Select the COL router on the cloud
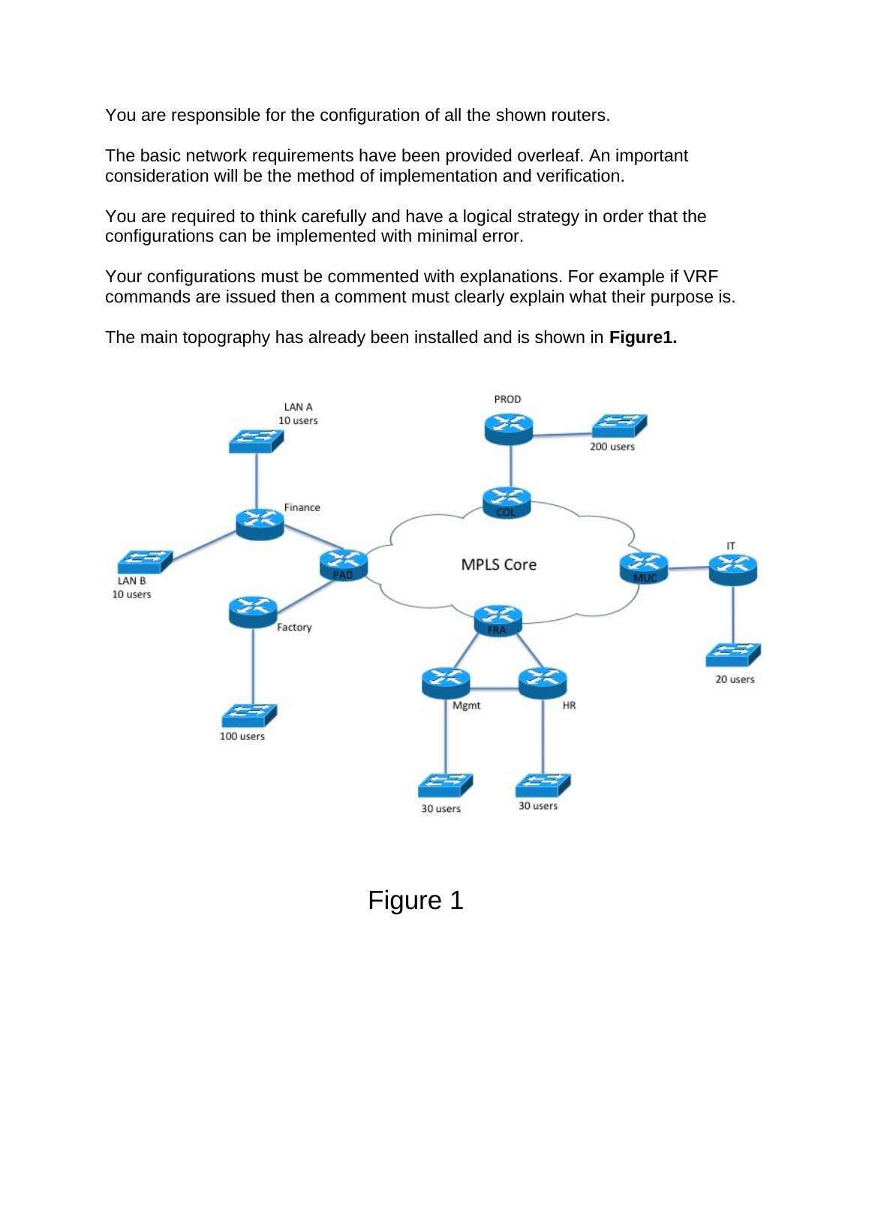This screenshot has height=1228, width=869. [x=507, y=502]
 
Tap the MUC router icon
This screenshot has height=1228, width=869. [x=644, y=567]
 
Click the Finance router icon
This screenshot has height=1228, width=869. [x=260, y=522]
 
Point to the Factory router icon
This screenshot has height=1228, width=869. [x=253, y=612]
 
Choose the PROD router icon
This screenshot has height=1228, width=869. [x=508, y=429]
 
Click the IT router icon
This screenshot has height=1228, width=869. [x=733, y=570]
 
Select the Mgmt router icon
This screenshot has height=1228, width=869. [x=446, y=682]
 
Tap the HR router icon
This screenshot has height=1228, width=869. [x=543, y=682]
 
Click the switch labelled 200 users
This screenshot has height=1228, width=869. [x=619, y=426]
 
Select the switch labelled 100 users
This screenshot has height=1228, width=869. [x=250, y=715]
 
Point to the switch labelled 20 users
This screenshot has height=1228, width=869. [x=733, y=655]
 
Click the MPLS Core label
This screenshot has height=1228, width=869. [x=498, y=564]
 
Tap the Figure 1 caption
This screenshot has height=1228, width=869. [x=416, y=900]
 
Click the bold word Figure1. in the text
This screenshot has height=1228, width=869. [x=643, y=337]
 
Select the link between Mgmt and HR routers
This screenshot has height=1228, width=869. [x=494, y=687]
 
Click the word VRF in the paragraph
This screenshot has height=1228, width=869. [x=702, y=276]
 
